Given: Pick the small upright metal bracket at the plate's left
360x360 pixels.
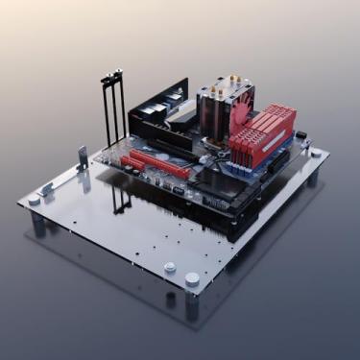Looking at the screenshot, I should pyautogui.click(x=83, y=156).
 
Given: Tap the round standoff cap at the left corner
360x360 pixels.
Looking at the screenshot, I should pyautogui.click(x=36, y=200).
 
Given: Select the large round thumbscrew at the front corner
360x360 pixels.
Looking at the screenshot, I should pyautogui.click(x=192, y=278).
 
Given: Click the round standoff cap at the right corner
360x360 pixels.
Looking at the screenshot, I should pyautogui.click(x=316, y=152).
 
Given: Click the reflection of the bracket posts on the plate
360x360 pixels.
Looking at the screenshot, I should pyautogui.click(x=120, y=199).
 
